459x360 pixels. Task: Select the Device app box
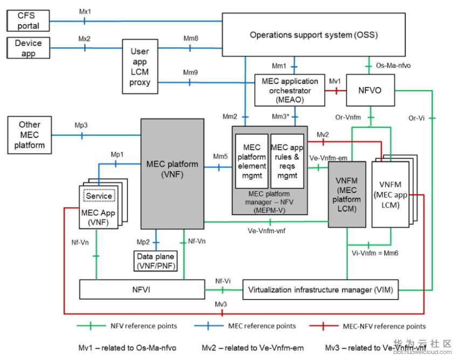(28, 47)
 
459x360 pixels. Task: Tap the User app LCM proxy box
(140, 67)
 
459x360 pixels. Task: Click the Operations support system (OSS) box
(313, 35)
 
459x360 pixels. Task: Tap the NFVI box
(142, 290)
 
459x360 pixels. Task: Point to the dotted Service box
(99, 196)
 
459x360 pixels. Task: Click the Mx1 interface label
(85, 11)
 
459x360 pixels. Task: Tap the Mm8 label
(190, 38)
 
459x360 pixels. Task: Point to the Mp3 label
(81, 125)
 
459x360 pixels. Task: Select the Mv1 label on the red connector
(335, 81)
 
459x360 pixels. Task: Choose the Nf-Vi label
(223, 281)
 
